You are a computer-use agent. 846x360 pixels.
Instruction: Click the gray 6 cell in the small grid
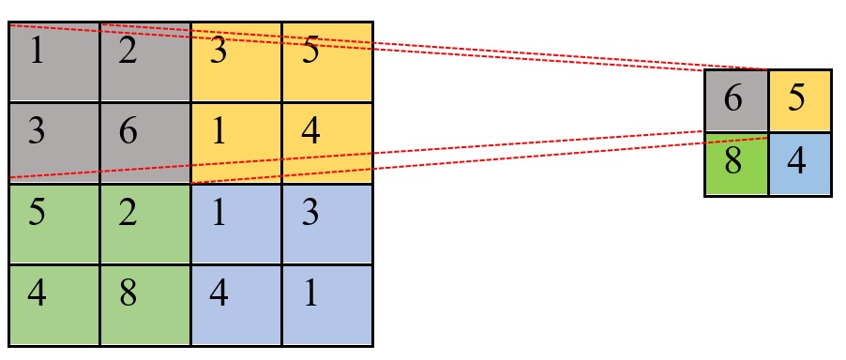[736, 100]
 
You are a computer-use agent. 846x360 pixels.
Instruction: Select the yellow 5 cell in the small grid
[800, 100]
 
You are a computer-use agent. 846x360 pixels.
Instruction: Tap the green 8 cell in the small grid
[736, 163]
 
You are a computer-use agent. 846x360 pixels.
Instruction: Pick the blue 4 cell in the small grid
[800, 163]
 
